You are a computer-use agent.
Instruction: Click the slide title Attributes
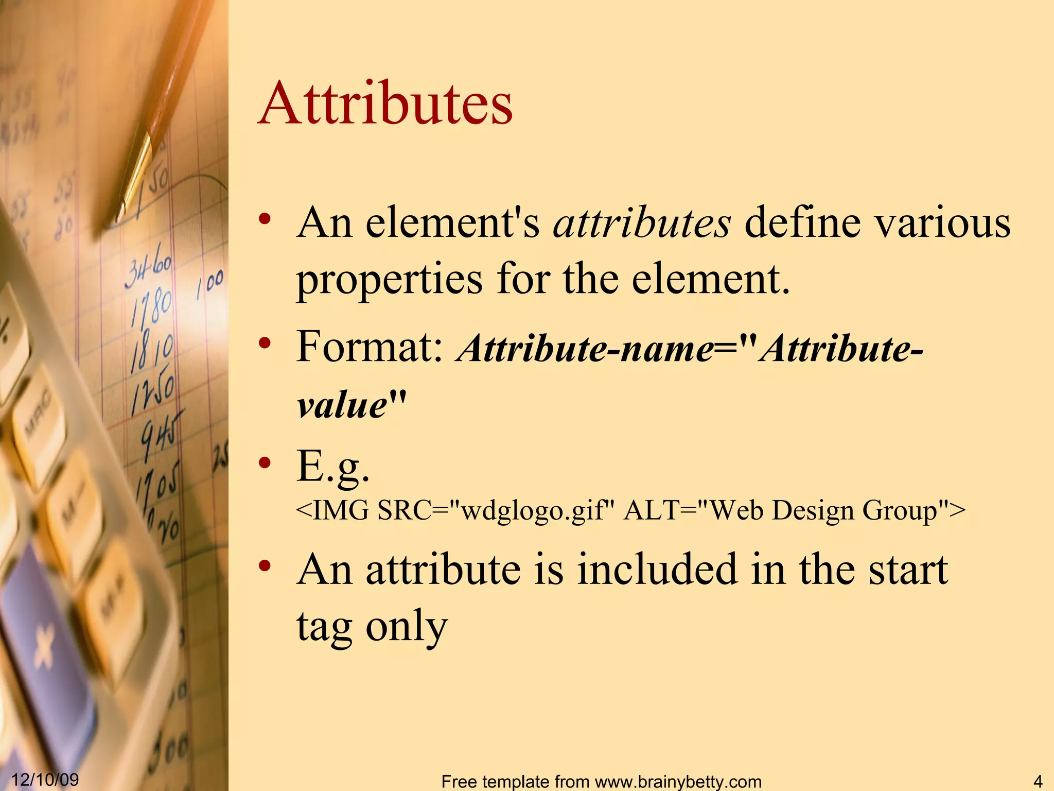pos(385,104)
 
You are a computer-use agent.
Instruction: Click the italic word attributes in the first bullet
pos(641,223)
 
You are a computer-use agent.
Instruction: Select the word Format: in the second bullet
pos(370,347)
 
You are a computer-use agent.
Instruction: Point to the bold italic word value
pos(342,405)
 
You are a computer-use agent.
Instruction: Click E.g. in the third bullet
pos(332,467)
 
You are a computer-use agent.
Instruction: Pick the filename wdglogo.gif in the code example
pos(532,511)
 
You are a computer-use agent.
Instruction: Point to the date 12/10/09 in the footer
pos(45,779)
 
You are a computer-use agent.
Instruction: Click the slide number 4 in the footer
pos(1038,781)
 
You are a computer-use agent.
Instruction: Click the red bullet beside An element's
pos(265,219)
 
